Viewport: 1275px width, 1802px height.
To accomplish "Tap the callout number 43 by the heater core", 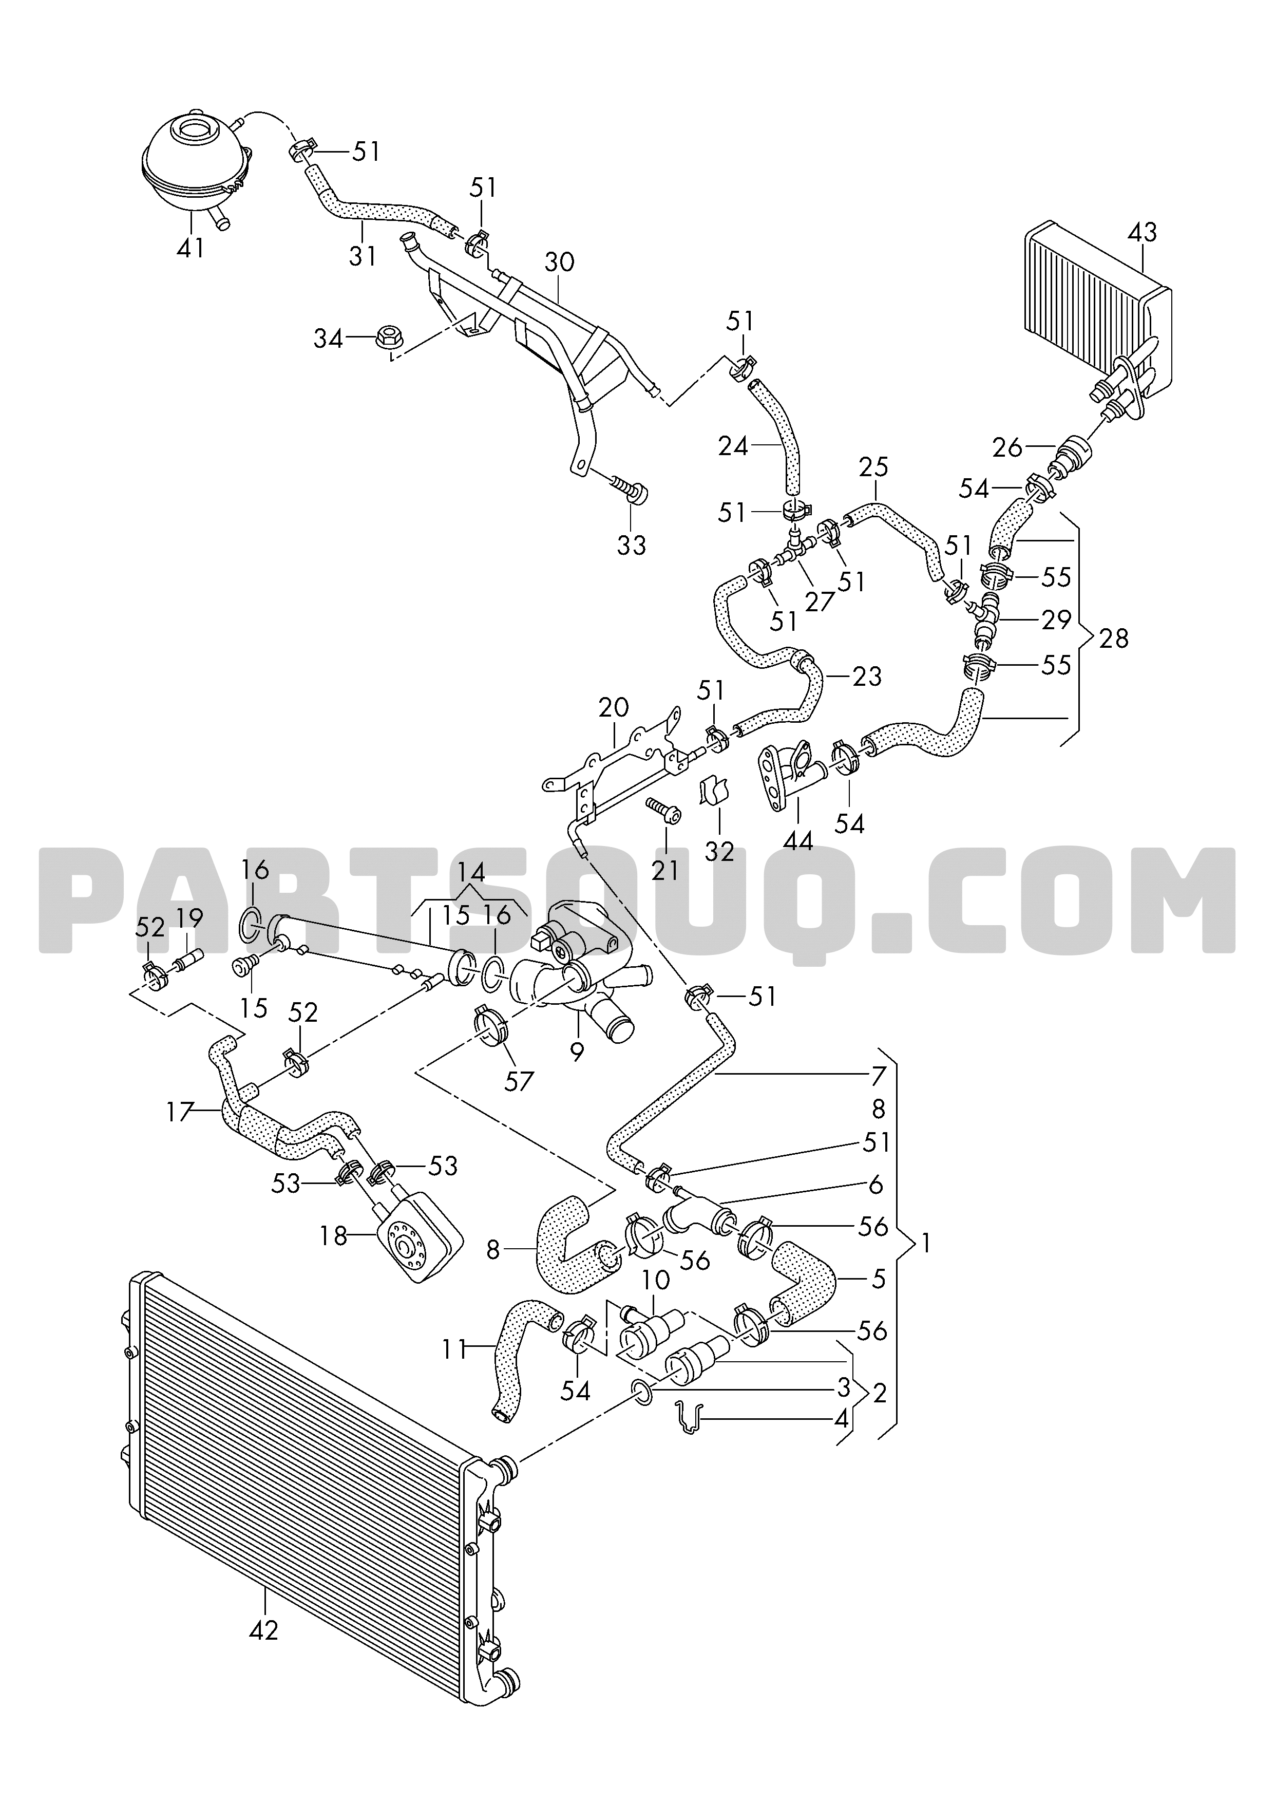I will (x=1143, y=233).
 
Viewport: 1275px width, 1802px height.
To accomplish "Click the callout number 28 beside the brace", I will (x=1114, y=639).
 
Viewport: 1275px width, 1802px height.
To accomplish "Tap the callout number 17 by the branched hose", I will (x=180, y=1112).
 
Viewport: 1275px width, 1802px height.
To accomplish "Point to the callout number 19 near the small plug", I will (x=189, y=917).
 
